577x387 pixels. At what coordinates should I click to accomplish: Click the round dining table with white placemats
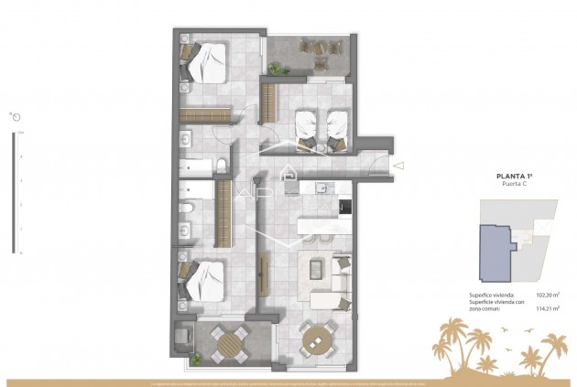(318, 341)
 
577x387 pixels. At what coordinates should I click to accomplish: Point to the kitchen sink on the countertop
(321, 189)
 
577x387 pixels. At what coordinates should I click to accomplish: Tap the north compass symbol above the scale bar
(16, 116)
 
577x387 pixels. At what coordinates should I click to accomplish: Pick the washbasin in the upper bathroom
(186, 140)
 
